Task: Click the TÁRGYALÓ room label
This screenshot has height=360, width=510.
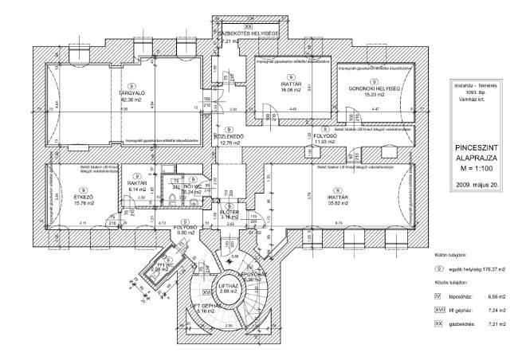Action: (131, 92)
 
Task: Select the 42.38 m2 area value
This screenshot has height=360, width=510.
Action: (131, 99)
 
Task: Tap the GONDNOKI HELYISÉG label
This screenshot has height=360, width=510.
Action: (373, 87)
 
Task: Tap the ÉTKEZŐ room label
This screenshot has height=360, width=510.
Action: (60, 196)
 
